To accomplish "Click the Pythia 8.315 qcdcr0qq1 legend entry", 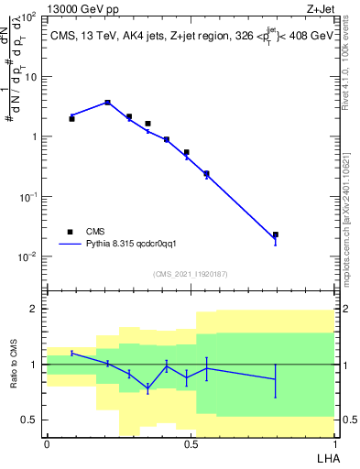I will (123, 245).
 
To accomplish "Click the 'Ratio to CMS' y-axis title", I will (14, 365).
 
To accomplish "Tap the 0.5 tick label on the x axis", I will (191, 442).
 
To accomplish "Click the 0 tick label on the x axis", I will (47, 442).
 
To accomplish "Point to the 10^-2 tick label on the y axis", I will (27, 256).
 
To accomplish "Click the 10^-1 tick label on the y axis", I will (27, 197).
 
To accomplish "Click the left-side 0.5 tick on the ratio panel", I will (29, 420).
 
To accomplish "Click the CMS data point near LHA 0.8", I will (276, 234).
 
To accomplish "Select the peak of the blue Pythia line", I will (107, 103).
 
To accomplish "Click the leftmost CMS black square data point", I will (72, 118).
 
